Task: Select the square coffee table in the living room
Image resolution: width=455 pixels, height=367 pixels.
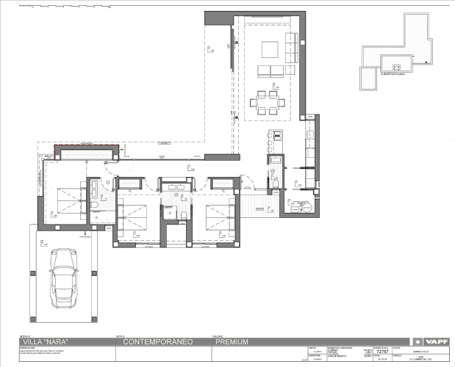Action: (x=268, y=50)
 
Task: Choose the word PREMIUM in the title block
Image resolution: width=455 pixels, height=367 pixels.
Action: (x=232, y=342)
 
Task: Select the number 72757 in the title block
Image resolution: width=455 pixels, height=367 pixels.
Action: (x=381, y=352)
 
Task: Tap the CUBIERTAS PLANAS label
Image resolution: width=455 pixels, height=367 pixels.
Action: (x=394, y=75)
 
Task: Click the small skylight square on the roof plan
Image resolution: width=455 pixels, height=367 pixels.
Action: (x=365, y=76)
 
